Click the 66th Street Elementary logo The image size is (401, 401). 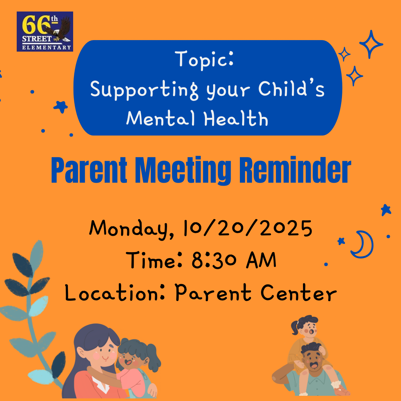pos(45,32)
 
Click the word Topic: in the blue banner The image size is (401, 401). pos(204,59)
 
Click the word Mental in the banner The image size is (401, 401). pos(160,118)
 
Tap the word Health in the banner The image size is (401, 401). pos(236,118)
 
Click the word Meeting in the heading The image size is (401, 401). pos(183,170)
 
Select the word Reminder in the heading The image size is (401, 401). pos(295,170)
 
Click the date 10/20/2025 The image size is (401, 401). pos(248,228)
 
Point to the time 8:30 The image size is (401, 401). pos(214,260)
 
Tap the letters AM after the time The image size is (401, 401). pos(261,260)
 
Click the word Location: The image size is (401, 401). pos(115,292)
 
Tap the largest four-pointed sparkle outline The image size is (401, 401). pos(371,44)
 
